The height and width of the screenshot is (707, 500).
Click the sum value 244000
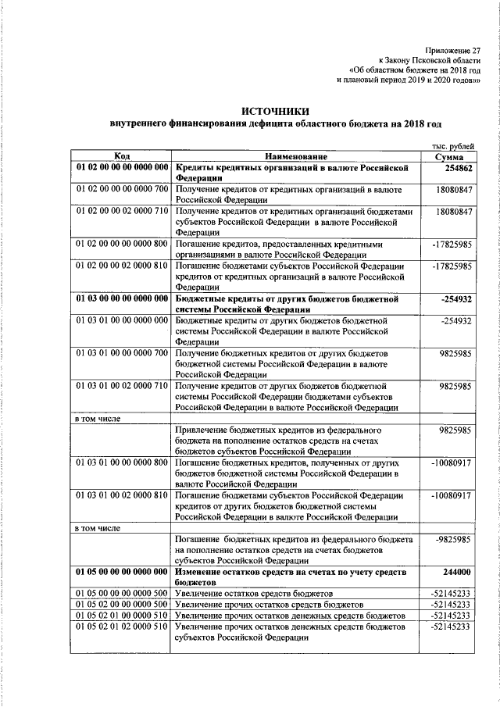click(x=456, y=573)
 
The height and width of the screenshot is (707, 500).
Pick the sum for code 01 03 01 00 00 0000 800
click(x=451, y=463)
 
